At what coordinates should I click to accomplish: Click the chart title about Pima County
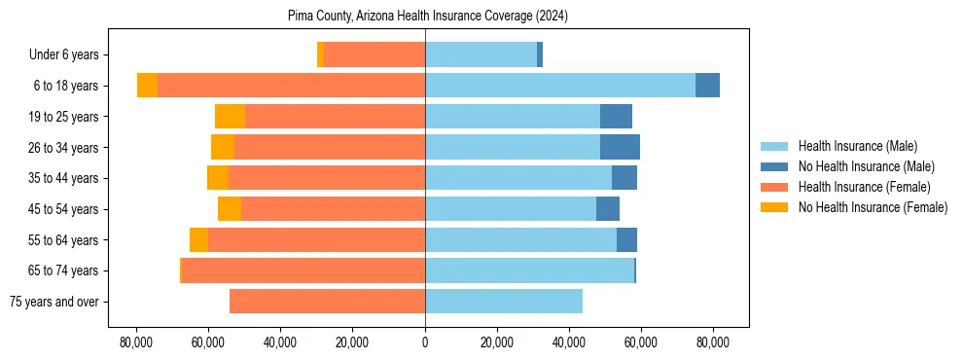(428, 17)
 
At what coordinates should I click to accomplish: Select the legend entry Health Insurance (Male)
(857, 146)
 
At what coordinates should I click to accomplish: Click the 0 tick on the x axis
(425, 342)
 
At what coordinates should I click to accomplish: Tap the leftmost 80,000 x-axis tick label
(136, 342)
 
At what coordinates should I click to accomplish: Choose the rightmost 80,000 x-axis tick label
(713, 342)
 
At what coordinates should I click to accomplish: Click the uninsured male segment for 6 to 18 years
(707, 86)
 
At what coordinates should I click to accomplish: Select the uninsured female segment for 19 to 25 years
(230, 117)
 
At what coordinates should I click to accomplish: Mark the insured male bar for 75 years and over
(504, 302)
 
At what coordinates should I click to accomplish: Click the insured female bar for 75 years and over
(327, 302)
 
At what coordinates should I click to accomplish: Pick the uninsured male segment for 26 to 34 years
(620, 147)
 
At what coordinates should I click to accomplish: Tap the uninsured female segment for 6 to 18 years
(147, 86)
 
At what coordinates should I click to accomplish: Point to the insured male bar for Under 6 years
(481, 55)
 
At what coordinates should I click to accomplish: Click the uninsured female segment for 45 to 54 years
(230, 209)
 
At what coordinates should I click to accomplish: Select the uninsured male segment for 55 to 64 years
(626, 239)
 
